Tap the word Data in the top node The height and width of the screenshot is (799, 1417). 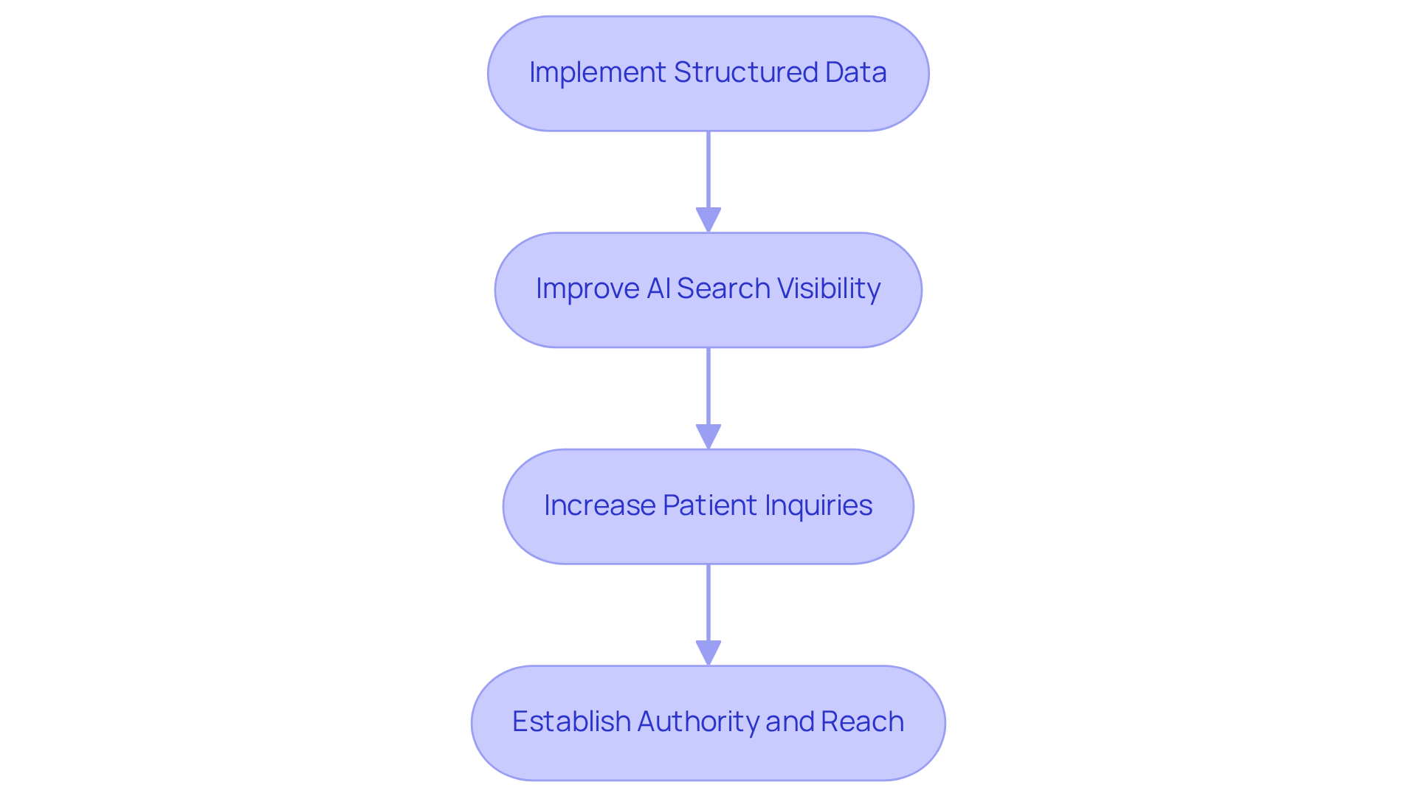pyautogui.click(x=856, y=72)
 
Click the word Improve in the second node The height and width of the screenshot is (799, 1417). pyautogui.click(x=587, y=288)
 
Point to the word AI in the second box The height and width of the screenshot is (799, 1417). pyautogui.click(x=658, y=288)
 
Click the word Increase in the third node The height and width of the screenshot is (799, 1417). pyautogui.click(x=599, y=505)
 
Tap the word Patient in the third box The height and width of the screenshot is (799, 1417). pyautogui.click(x=709, y=505)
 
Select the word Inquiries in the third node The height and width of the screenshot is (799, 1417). pyautogui.click(x=818, y=505)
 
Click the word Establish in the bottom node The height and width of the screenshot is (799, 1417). pyautogui.click(x=570, y=722)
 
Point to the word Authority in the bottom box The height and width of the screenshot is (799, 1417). pyautogui.click(x=697, y=722)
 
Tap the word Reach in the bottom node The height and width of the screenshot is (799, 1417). pyautogui.click(x=862, y=722)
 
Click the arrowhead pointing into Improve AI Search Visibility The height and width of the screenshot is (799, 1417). pyautogui.click(x=708, y=220)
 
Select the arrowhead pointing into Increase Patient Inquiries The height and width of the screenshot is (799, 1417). pyautogui.click(x=708, y=437)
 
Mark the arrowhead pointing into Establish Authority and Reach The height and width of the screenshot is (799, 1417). pyautogui.click(x=708, y=653)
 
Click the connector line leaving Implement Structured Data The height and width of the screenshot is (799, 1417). pyautogui.click(x=708, y=170)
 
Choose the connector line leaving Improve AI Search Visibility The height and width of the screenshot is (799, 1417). pyautogui.click(x=708, y=386)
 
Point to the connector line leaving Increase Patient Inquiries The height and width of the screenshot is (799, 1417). pyautogui.click(x=708, y=602)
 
